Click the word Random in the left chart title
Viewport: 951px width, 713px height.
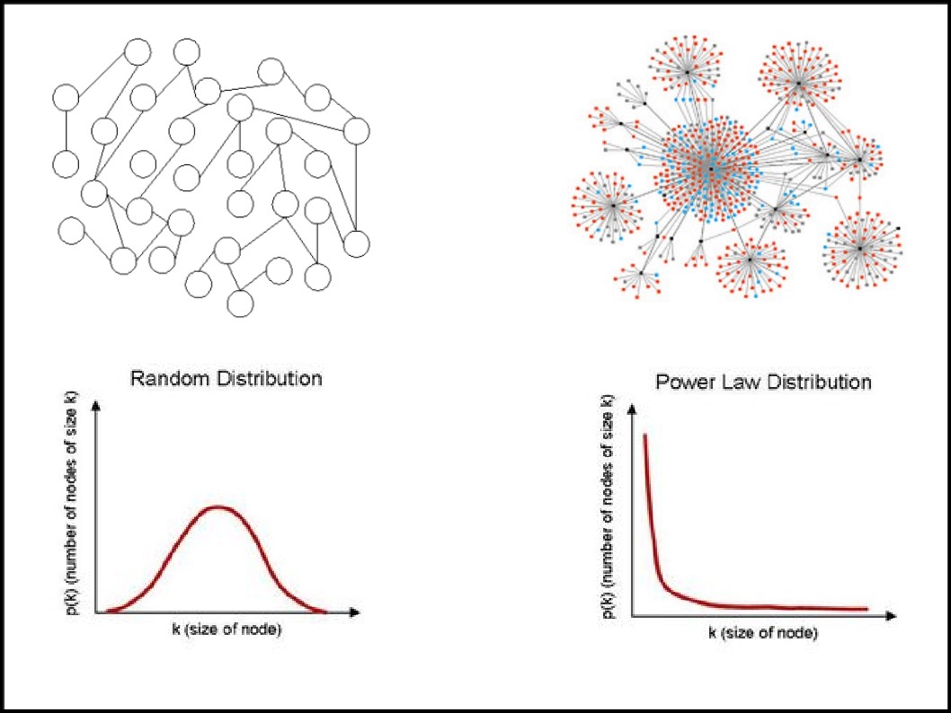click(x=171, y=379)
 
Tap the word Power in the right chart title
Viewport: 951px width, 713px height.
click(x=685, y=383)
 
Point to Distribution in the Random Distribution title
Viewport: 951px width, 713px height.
click(x=270, y=379)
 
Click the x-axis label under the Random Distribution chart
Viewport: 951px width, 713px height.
click(x=227, y=629)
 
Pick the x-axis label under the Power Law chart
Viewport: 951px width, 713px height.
click(x=763, y=633)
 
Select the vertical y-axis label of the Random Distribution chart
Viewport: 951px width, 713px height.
click(x=72, y=503)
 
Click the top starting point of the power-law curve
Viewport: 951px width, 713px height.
click(x=644, y=435)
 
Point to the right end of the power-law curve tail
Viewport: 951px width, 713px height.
click(x=867, y=609)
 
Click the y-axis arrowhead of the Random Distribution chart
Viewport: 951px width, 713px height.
click(x=95, y=406)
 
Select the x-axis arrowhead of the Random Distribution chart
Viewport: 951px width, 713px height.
click(x=355, y=612)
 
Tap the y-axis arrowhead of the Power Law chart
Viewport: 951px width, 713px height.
click(x=632, y=409)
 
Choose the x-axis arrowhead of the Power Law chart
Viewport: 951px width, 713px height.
click(x=891, y=616)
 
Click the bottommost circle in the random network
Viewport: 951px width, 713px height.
click(x=240, y=304)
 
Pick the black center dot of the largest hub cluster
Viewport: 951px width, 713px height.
click(x=711, y=169)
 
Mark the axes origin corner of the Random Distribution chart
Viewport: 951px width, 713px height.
click(x=95, y=612)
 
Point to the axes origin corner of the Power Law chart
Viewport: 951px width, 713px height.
click(x=632, y=616)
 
